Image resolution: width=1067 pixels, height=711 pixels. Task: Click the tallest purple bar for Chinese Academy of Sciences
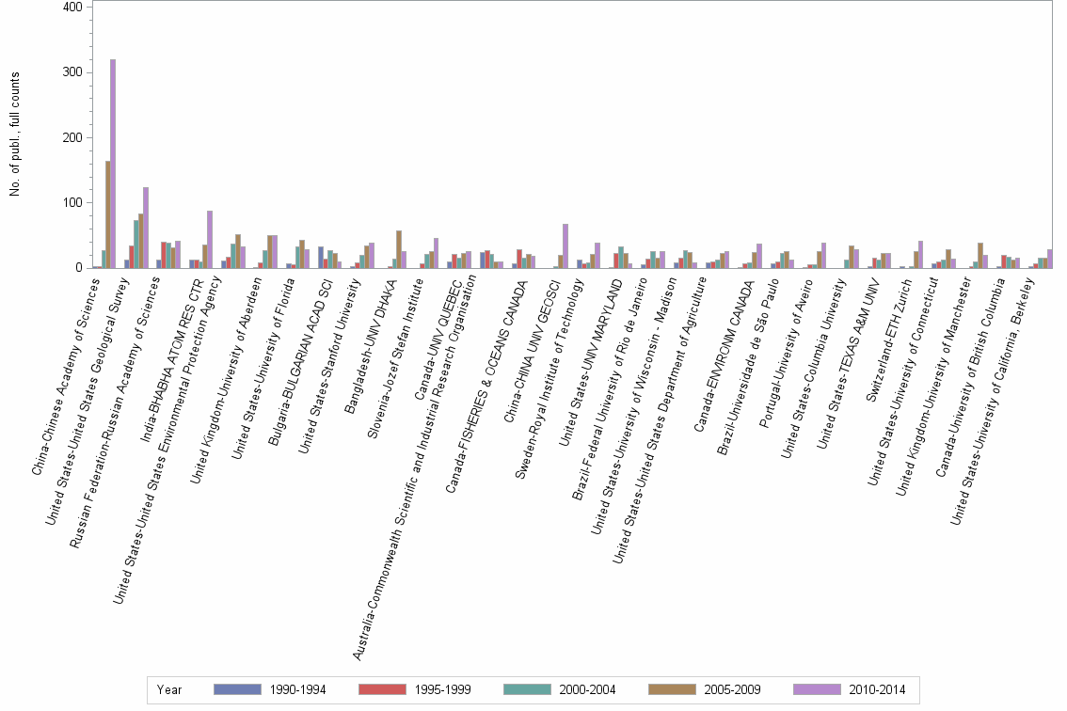click(x=113, y=164)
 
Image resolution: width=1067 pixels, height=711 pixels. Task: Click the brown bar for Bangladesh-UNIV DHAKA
click(x=399, y=249)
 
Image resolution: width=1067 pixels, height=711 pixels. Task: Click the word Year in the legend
click(x=170, y=690)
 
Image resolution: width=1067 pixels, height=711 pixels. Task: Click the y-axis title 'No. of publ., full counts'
click(x=16, y=134)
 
